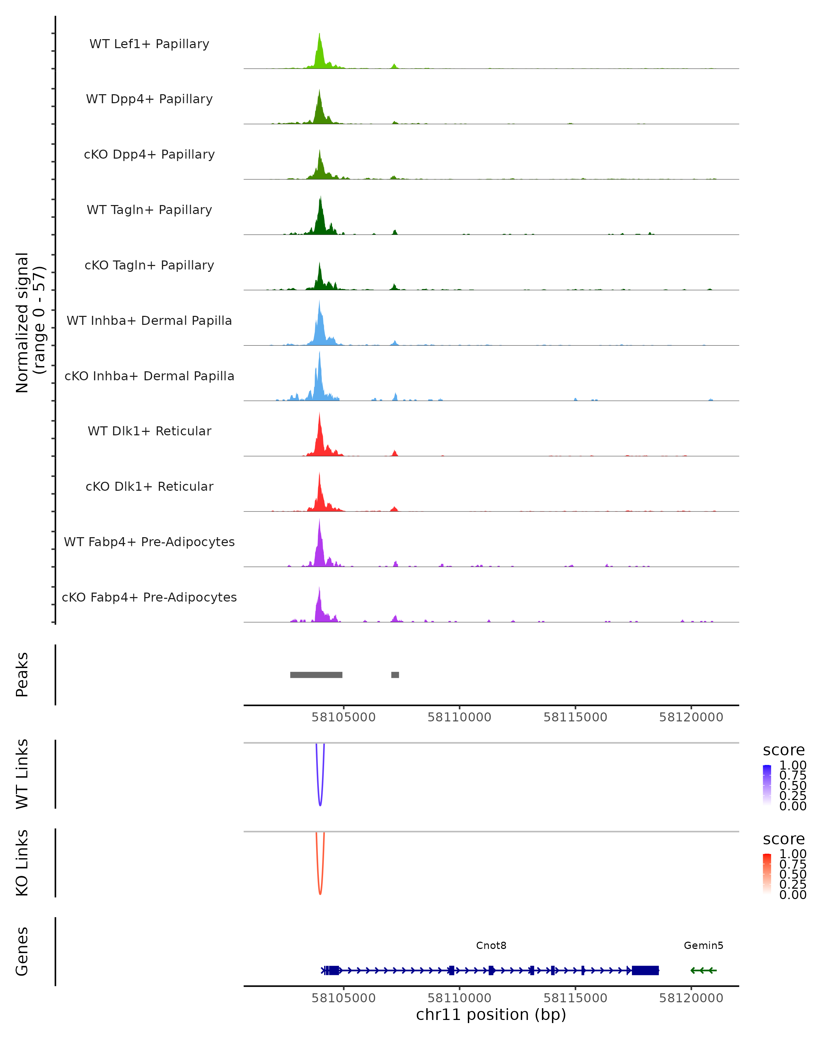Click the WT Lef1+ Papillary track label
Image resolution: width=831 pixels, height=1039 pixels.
click(149, 44)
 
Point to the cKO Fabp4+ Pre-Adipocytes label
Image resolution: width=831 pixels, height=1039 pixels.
click(149, 597)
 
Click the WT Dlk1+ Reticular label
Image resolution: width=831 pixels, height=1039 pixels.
click(149, 431)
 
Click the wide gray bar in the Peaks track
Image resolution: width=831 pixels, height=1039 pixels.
click(316, 675)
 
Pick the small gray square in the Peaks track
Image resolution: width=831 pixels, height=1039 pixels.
click(395, 675)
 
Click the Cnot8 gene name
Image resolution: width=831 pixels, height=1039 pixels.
click(491, 945)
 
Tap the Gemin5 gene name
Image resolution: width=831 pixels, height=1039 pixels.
click(703, 945)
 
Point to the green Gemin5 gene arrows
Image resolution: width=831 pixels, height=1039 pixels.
click(703, 970)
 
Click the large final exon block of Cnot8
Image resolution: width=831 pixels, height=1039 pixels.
click(645, 970)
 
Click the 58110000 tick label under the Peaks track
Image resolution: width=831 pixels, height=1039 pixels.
click(459, 717)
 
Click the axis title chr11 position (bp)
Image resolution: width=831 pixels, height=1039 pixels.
click(491, 1014)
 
